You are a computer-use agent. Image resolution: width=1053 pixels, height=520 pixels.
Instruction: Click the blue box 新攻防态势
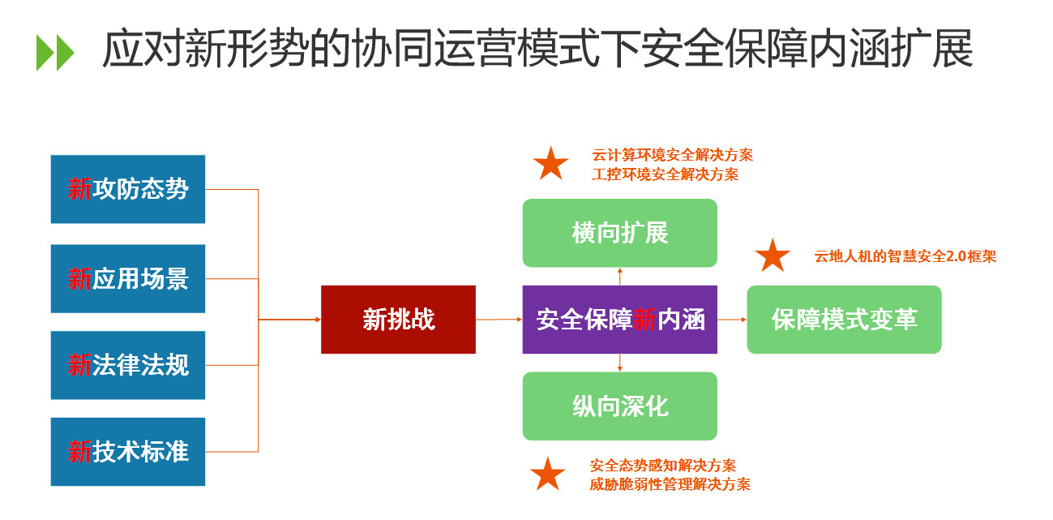click(127, 189)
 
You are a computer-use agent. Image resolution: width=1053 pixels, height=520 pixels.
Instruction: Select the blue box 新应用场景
click(127, 278)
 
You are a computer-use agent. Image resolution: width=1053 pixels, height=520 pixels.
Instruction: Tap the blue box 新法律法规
click(127, 365)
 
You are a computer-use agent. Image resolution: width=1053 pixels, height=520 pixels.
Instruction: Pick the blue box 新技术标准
click(127, 452)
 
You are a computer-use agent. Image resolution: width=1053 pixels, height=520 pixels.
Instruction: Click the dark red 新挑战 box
click(398, 320)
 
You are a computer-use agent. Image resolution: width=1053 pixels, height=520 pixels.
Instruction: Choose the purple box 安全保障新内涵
click(619, 320)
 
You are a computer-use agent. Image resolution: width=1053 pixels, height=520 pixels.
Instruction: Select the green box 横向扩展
click(619, 233)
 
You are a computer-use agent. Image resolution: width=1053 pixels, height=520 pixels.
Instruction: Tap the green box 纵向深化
click(619, 406)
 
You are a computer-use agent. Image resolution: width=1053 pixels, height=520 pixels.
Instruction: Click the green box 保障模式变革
click(844, 320)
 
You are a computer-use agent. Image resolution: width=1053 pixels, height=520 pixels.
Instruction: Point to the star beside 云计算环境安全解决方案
click(551, 164)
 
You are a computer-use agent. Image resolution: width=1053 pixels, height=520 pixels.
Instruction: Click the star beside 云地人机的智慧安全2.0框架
click(773, 256)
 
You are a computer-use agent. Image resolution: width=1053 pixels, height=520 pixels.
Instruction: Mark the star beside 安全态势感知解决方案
click(548, 475)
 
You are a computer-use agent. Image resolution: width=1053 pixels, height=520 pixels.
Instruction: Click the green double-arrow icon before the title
click(55, 53)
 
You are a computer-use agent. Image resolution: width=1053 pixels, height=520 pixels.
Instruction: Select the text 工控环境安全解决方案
click(666, 174)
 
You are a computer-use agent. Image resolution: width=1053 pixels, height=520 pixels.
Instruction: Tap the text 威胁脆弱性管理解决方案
click(670, 484)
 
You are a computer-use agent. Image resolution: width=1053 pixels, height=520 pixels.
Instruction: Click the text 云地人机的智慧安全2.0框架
click(905, 256)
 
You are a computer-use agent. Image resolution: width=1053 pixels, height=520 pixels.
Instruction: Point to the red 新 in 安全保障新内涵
click(644, 320)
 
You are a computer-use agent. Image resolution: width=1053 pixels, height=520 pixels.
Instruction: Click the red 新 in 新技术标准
click(79, 452)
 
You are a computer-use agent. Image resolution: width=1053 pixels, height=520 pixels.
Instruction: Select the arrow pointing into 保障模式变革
click(732, 320)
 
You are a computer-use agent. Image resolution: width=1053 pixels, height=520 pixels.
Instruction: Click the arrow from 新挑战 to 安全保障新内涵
click(499, 320)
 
